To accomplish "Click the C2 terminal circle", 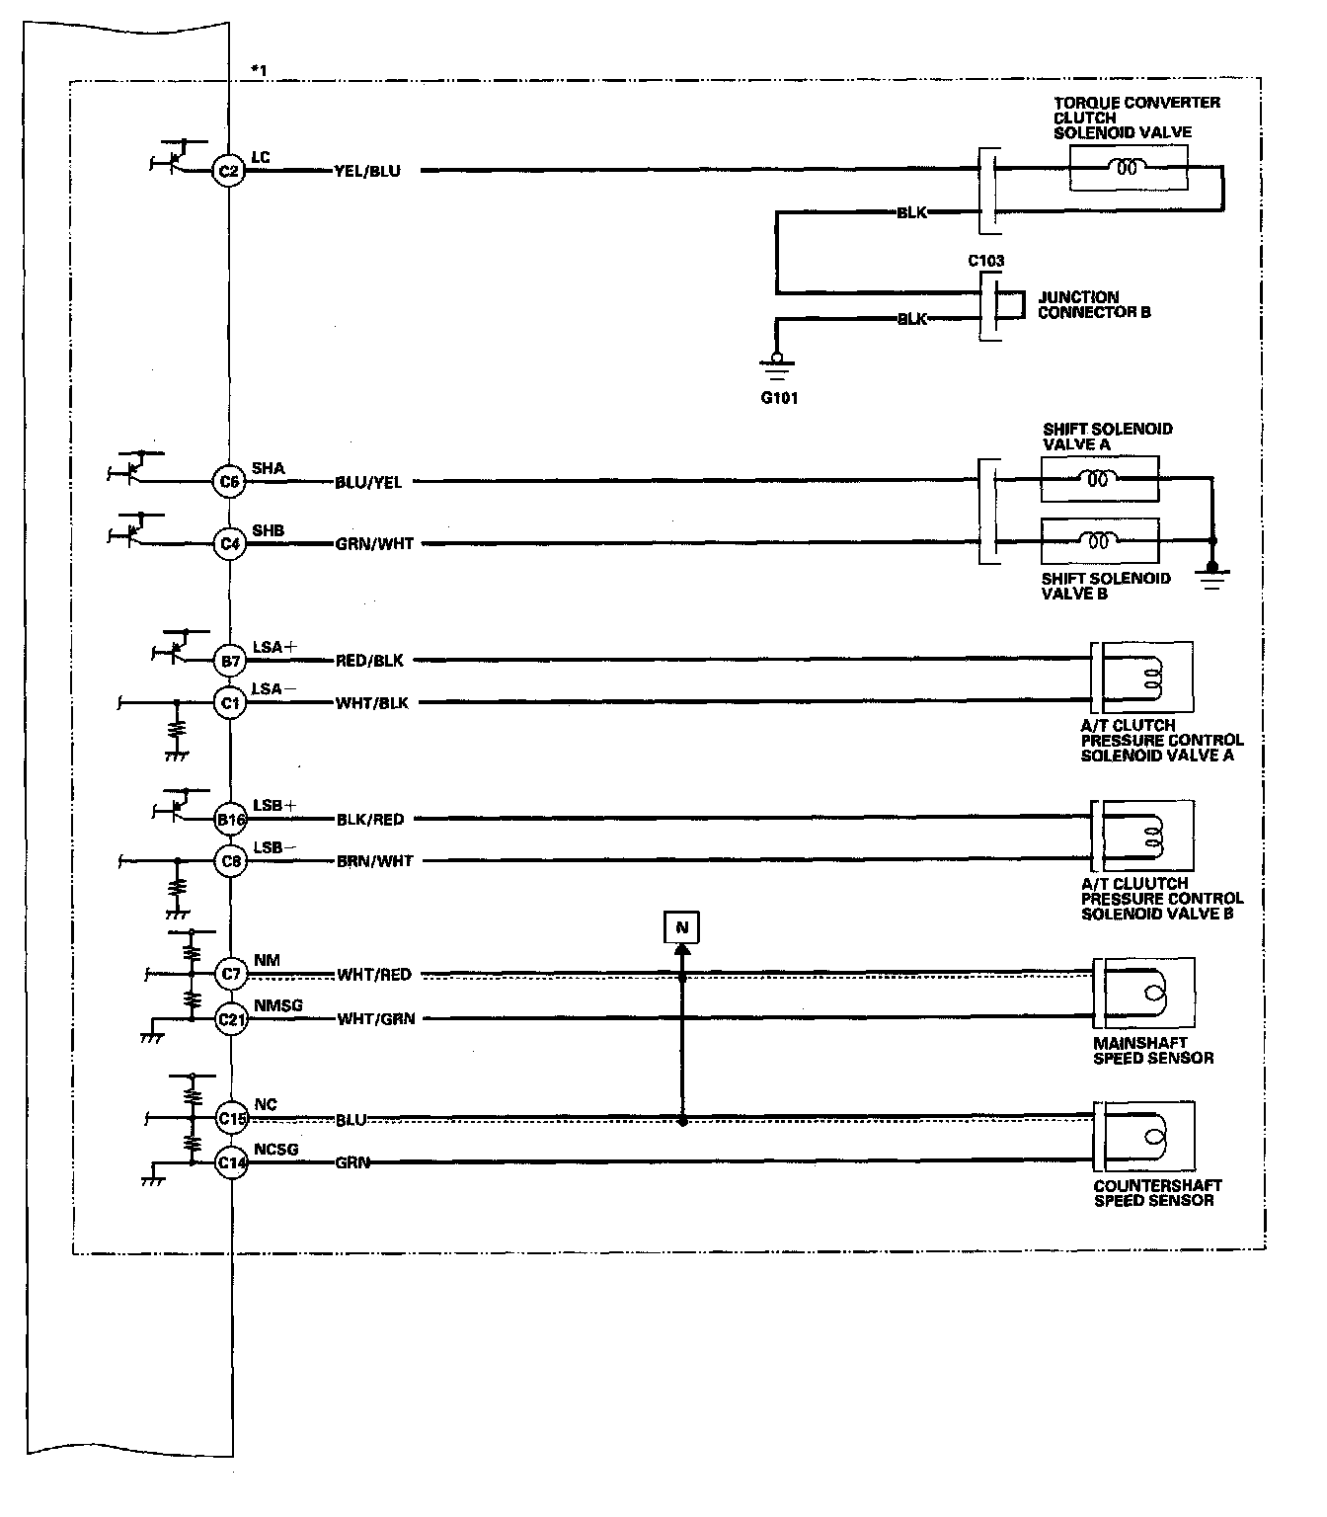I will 228,171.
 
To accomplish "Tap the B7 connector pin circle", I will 229,660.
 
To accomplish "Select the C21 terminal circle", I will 231,1018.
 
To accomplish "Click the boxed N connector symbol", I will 681,928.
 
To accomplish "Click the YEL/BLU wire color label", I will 367,171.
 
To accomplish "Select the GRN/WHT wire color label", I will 374,543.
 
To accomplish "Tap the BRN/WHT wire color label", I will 374,861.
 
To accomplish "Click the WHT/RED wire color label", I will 373,975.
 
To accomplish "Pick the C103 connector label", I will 985,262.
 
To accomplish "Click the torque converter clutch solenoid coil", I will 1128,169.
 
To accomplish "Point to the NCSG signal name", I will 275,1150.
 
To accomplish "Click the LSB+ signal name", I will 274,806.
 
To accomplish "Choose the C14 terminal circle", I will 231,1162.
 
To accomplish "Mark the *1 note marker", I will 259,69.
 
